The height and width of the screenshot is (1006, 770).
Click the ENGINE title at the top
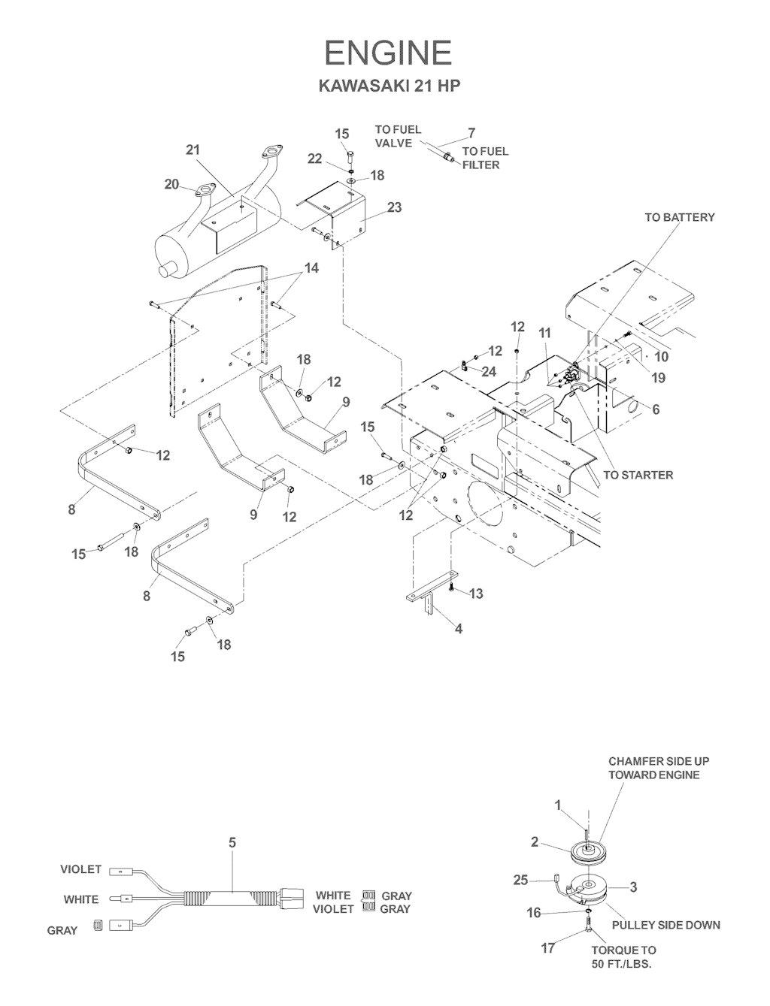388,53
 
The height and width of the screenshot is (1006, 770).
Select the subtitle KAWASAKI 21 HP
389,86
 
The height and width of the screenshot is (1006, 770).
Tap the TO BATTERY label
680,217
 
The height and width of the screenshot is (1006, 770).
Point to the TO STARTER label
638,475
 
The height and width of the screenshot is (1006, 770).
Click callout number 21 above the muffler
193,150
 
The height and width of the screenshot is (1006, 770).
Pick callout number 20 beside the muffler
173,184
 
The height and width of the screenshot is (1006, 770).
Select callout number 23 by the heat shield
394,207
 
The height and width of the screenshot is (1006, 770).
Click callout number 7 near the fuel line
471,133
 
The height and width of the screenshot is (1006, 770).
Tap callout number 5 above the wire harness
232,843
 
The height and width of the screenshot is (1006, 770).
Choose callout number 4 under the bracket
459,630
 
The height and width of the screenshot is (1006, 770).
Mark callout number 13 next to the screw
476,594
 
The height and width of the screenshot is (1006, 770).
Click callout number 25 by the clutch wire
521,880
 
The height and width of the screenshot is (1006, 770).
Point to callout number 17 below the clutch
548,948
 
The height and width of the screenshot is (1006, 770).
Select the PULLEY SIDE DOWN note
665,925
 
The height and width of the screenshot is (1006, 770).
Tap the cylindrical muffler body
218,225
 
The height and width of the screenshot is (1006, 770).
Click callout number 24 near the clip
489,371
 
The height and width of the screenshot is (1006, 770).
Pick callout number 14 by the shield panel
311,268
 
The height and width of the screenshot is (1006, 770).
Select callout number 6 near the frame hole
656,409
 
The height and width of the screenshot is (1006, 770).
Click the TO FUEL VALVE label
398,136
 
